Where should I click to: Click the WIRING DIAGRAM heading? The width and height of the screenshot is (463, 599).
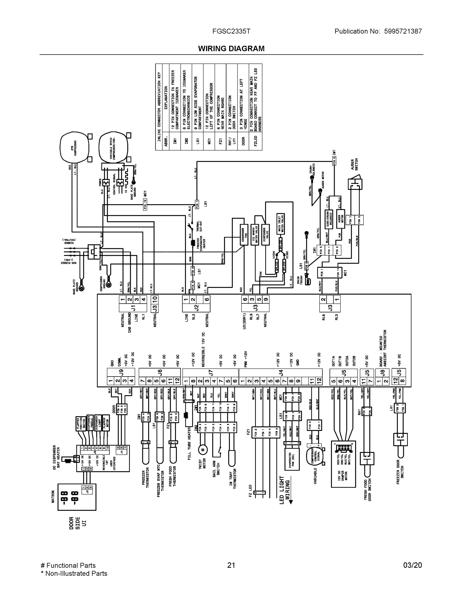(231, 49)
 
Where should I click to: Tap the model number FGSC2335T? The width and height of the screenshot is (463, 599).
(231, 31)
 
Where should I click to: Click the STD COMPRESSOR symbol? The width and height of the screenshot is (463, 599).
(74, 147)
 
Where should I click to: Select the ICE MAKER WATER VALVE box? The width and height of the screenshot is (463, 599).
(255, 235)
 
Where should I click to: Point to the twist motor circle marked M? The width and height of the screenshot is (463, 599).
(203, 449)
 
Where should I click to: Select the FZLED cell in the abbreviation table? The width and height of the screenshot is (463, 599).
(255, 141)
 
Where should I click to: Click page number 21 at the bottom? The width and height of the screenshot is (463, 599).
(231, 565)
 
